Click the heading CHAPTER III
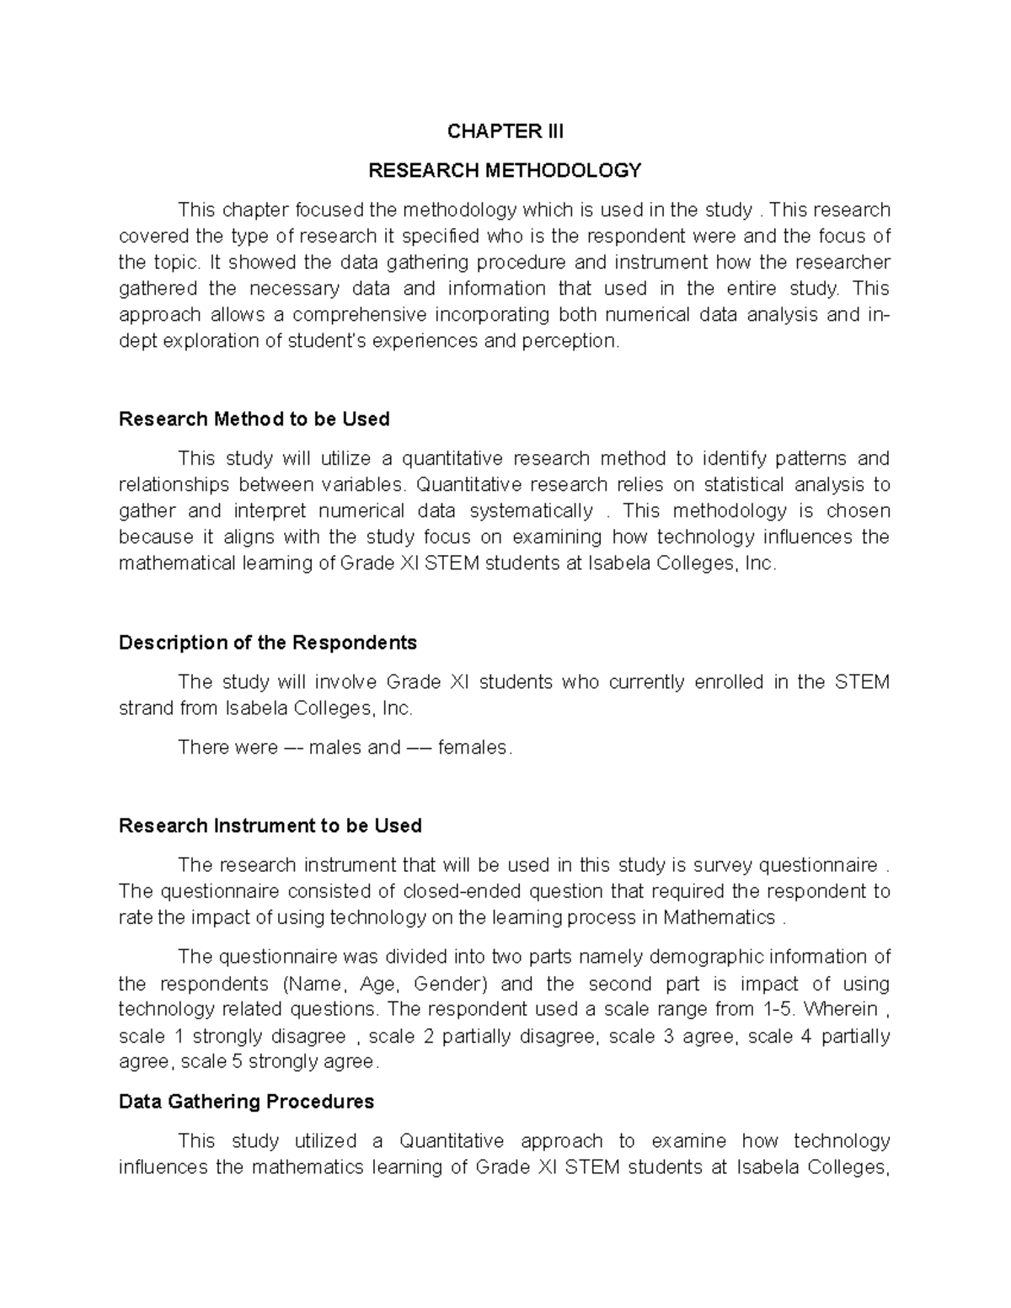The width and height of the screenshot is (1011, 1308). tap(505, 131)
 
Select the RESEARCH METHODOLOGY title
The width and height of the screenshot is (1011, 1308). tap(505, 171)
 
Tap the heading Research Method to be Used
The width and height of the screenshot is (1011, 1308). tap(254, 419)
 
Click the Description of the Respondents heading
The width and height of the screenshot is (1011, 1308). tap(268, 643)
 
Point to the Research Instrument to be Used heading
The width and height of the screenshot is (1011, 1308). tap(270, 825)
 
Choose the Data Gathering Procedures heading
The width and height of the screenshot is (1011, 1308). tap(246, 1102)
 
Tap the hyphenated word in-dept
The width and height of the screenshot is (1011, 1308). tap(877, 316)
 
